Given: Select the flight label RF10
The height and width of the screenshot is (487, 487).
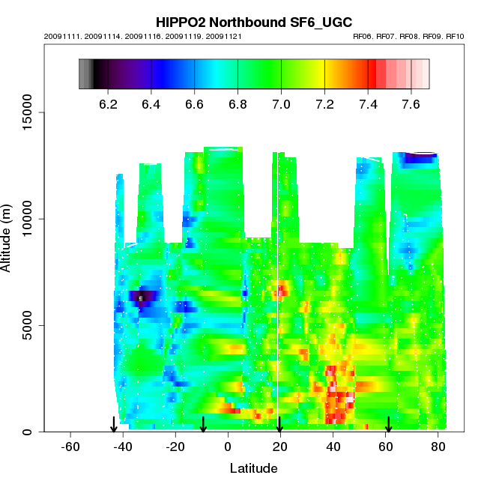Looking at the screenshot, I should click(454, 36).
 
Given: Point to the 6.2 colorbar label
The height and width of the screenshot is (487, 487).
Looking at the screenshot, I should click(109, 104).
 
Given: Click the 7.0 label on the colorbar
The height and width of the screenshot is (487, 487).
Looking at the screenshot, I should click(281, 104).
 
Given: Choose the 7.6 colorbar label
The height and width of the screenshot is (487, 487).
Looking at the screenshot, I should click(411, 104).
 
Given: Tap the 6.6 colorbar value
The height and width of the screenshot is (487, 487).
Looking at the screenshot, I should click(195, 104).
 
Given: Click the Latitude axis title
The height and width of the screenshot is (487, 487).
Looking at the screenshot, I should click(253, 468).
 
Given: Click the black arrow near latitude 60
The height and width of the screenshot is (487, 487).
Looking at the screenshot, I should click(388, 425).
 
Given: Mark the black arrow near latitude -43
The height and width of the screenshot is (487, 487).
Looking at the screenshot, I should click(114, 425).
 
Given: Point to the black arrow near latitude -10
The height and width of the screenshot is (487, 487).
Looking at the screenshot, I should click(203, 425).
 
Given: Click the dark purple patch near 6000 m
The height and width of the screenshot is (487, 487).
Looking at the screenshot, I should click(142, 297).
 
